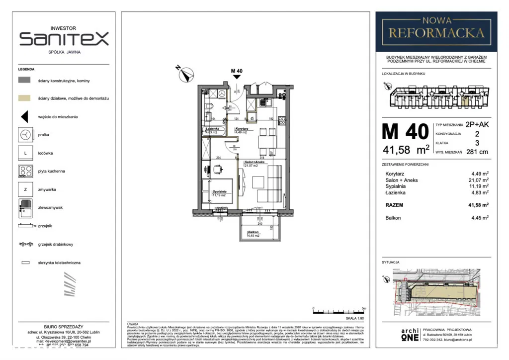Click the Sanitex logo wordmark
[64, 39]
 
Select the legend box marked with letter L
[25, 153]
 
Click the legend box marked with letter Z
[25, 189]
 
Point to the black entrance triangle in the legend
[24, 117]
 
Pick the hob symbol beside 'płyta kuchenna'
[25, 171]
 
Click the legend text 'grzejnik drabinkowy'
[56, 244]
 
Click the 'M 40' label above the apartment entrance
[237, 71]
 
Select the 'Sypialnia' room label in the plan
[220, 191]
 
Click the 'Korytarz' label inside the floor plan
[243, 129]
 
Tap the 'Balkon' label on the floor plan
[253, 232]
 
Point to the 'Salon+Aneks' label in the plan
[254, 163]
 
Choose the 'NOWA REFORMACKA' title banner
[436, 28]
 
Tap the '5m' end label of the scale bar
[364, 308]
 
